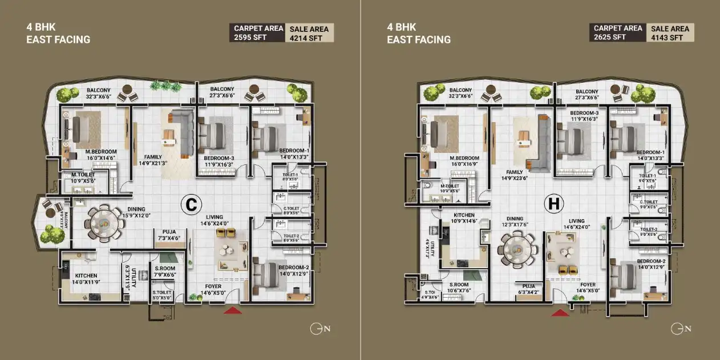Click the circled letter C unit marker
[190, 204]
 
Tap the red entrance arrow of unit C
[232, 310]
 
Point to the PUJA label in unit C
[168, 232]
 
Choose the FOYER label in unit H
[588, 285]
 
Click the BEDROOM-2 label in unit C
[294, 268]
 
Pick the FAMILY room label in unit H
[515, 171]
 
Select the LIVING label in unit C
[215, 217]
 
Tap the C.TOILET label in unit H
[649, 201]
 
